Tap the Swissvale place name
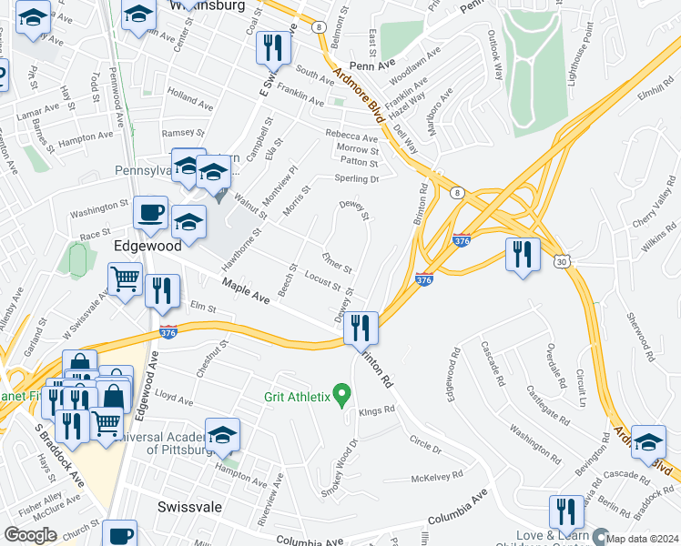(x=190, y=506)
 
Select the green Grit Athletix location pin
(x=342, y=394)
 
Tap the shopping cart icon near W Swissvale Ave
(x=126, y=278)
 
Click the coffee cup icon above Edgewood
(x=151, y=212)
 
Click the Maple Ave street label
(x=247, y=292)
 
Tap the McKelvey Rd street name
(x=437, y=474)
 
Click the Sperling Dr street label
(x=356, y=178)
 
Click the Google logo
(x=30, y=535)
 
